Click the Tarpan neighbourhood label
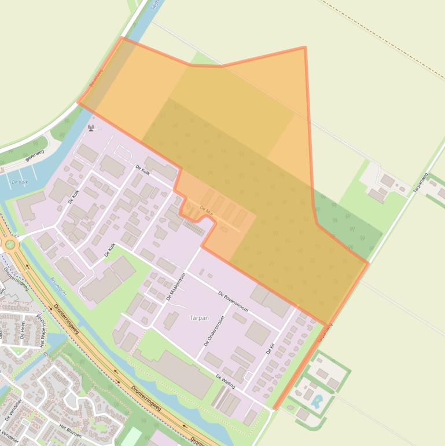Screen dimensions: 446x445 pyautogui.click(x=199, y=317)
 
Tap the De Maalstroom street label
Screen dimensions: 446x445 pyautogui.click(x=175, y=287)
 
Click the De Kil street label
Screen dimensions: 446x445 pyautogui.click(x=270, y=349)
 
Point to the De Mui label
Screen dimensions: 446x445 pyautogui.click(x=207, y=209)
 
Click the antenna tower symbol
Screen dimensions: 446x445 pyautogui.click(x=91, y=127)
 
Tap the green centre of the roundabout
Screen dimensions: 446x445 pyautogui.click(x=10, y=244)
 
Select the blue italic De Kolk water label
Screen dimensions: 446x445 pyautogui.click(x=20, y=182)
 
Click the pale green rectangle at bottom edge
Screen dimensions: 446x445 pyautogui.click(x=131, y=437)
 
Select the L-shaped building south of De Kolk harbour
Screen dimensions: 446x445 pyautogui.click(x=30, y=205)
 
